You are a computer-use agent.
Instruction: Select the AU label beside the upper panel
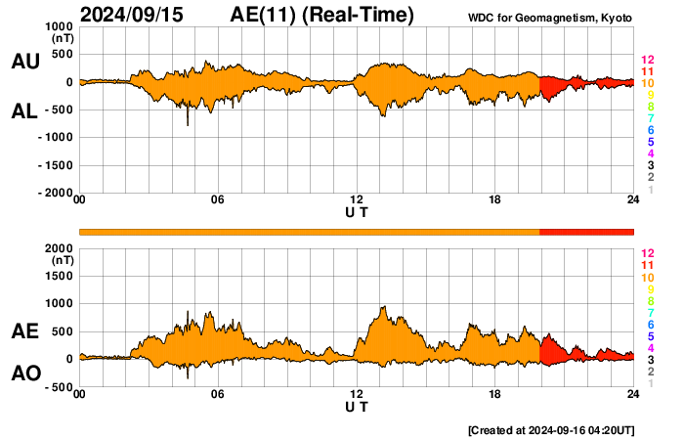point(24,62)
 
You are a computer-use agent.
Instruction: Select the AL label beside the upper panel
point(24,111)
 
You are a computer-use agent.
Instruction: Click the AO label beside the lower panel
point(24,374)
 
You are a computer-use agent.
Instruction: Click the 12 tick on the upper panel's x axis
point(357,200)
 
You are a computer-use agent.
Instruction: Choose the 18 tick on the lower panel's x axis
point(495,394)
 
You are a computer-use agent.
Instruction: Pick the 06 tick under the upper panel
point(218,200)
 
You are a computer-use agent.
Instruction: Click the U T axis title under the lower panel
point(357,406)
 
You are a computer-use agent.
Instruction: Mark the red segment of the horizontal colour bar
point(586,231)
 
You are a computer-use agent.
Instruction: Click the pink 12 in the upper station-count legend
point(646,61)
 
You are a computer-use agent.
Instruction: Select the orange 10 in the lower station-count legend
point(646,278)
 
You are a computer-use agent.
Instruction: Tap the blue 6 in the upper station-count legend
point(650,131)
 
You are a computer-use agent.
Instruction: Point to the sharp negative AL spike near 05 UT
point(188,122)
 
